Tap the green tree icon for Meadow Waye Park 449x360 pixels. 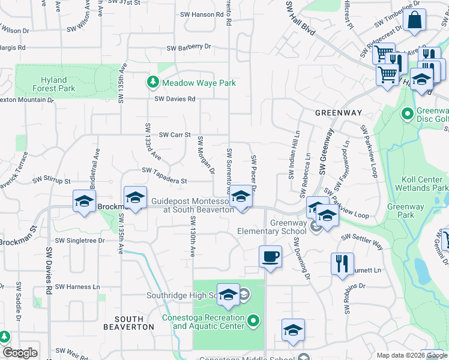[153, 82]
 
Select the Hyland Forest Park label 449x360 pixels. [58, 84]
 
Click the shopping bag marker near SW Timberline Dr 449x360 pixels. [415, 20]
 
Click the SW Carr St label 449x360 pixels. [174, 135]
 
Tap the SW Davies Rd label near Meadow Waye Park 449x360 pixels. [175, 99]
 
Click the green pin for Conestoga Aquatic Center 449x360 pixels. [253, 321]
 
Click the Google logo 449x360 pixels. [20, 353]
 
